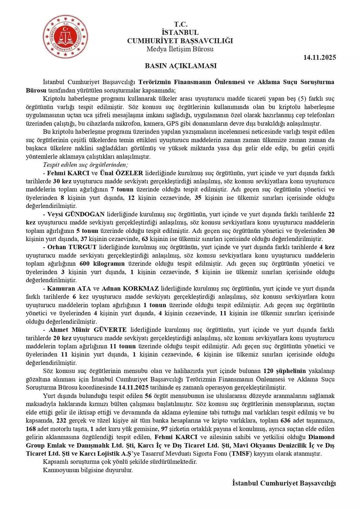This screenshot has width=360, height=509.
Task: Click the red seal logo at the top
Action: [65, 37]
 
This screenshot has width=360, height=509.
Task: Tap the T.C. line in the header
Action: [181, 24]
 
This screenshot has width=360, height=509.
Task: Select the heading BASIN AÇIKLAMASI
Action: [181, 66]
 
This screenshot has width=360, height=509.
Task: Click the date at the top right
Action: [320, 58]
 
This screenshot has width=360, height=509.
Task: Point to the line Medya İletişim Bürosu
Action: [180, 49]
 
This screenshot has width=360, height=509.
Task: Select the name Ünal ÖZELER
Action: [121, 173]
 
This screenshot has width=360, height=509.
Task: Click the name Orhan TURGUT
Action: [72, 247]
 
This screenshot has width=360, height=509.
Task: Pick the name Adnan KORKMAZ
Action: [130, 288]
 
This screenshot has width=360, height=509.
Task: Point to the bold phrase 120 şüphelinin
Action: [284, 371]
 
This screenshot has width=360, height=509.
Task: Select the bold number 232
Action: [61, 420]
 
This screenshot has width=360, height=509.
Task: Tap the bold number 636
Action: [285, 420]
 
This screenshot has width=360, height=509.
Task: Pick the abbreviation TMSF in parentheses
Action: [240, 453]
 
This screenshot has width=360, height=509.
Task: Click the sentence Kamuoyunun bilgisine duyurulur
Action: [88, 470]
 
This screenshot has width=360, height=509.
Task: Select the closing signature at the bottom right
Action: [284, 483]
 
